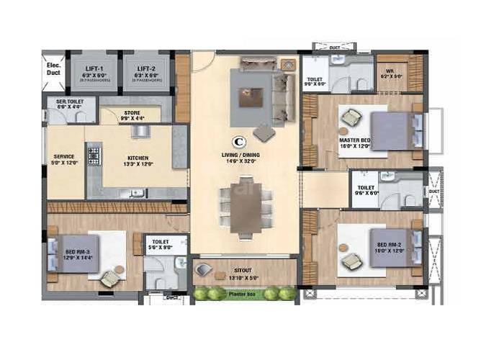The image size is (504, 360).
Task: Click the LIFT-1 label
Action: pos(94,66)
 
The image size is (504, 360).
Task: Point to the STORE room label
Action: pos(132,112)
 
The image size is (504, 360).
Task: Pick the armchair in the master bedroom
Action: pos(353,116)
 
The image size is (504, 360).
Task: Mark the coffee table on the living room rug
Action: pos(252,94)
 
